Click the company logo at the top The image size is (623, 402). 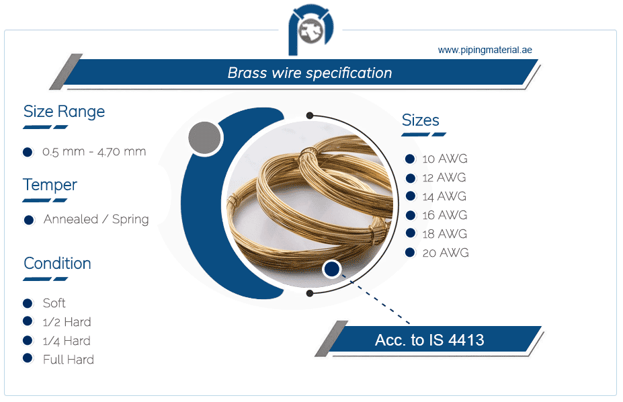(311, 31)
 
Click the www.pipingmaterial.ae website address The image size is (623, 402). (485, 50)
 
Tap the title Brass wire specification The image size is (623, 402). (309, 73)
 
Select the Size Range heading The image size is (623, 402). (64, 112)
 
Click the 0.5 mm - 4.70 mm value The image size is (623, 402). (94, 152)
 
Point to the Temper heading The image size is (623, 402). (50, 185)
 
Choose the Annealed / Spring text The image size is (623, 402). (96, 219)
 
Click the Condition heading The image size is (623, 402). (57, 264)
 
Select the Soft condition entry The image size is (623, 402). (54, 303)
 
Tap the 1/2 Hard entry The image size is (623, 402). (67, 322)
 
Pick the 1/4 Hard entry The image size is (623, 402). (67, 341)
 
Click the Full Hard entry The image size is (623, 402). (69, 360)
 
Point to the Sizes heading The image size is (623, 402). (420, 120)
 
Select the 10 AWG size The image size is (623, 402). (444, 159)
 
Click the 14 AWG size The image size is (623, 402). (444, 197)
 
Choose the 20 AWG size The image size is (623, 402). (445, 253)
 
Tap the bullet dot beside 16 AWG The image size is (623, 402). (409, 215)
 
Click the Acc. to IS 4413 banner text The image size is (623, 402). (429, 340)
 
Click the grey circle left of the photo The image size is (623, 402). (205, 138)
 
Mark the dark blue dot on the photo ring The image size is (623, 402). (331, 270)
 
